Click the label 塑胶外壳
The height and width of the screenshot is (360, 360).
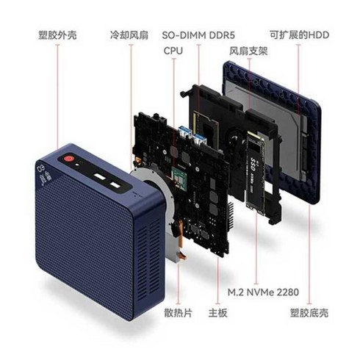pos(57,35)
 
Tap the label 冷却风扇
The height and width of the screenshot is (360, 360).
pos(129,35)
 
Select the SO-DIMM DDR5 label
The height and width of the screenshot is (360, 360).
pos(198,35)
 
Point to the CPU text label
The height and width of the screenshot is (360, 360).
pos(173,51)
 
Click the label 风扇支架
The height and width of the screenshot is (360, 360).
pos(248,51)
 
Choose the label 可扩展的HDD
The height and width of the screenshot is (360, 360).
pos(300,35)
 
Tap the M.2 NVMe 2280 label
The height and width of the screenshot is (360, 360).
pos(263,292)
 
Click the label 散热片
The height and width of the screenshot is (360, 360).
pos(179,313)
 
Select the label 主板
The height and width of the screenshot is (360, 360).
pos(217,313)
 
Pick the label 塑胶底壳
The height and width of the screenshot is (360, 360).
pos(309,313)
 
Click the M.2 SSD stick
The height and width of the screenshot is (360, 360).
pos(255,173)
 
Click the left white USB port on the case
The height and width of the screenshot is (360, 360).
pos(99,176)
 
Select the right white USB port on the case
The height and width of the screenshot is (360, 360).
pos(115,185)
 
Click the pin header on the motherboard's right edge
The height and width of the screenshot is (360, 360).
pos(231,216)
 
